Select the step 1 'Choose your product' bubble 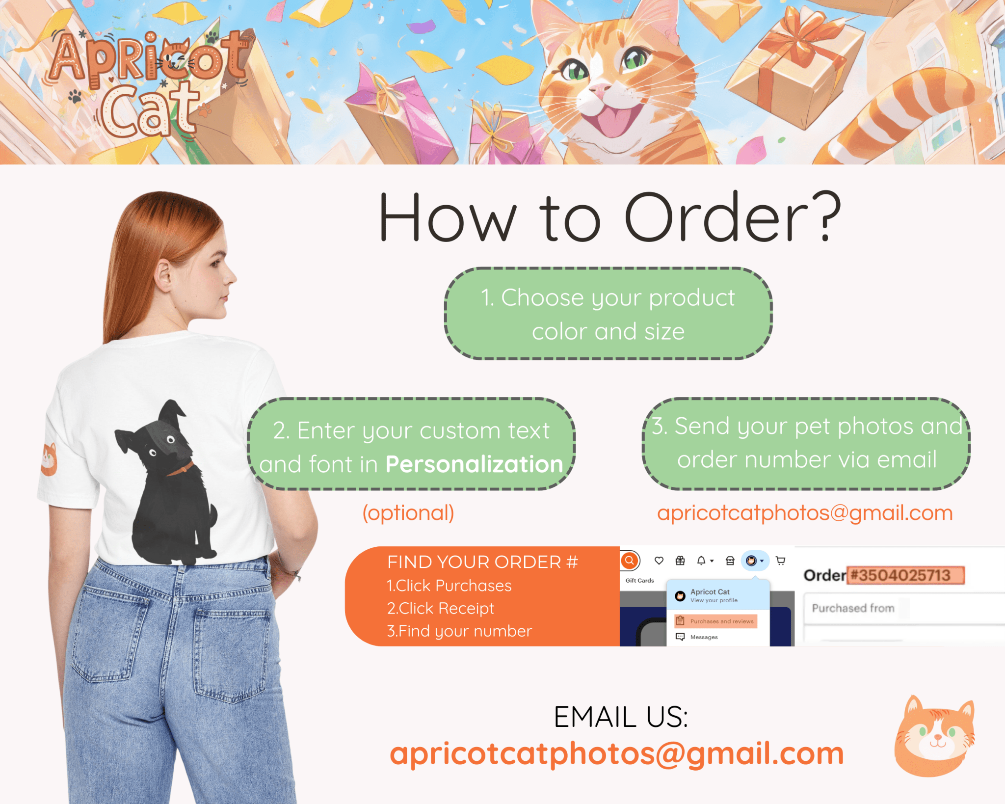[608, 314]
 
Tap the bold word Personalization [474, 464]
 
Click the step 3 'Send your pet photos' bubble [806, 443]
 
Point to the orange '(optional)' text [408, 513]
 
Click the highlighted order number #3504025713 [905, 575]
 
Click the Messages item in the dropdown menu [703, 637]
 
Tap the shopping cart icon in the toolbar [780, 561]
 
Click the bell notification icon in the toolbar [701, 561]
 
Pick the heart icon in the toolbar [659, 561]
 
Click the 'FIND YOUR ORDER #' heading [482, 562]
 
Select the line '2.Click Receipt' [440, 609]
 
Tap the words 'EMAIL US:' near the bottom [621, 717]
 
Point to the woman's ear [164, 276]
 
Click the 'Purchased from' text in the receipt [853, 609]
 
